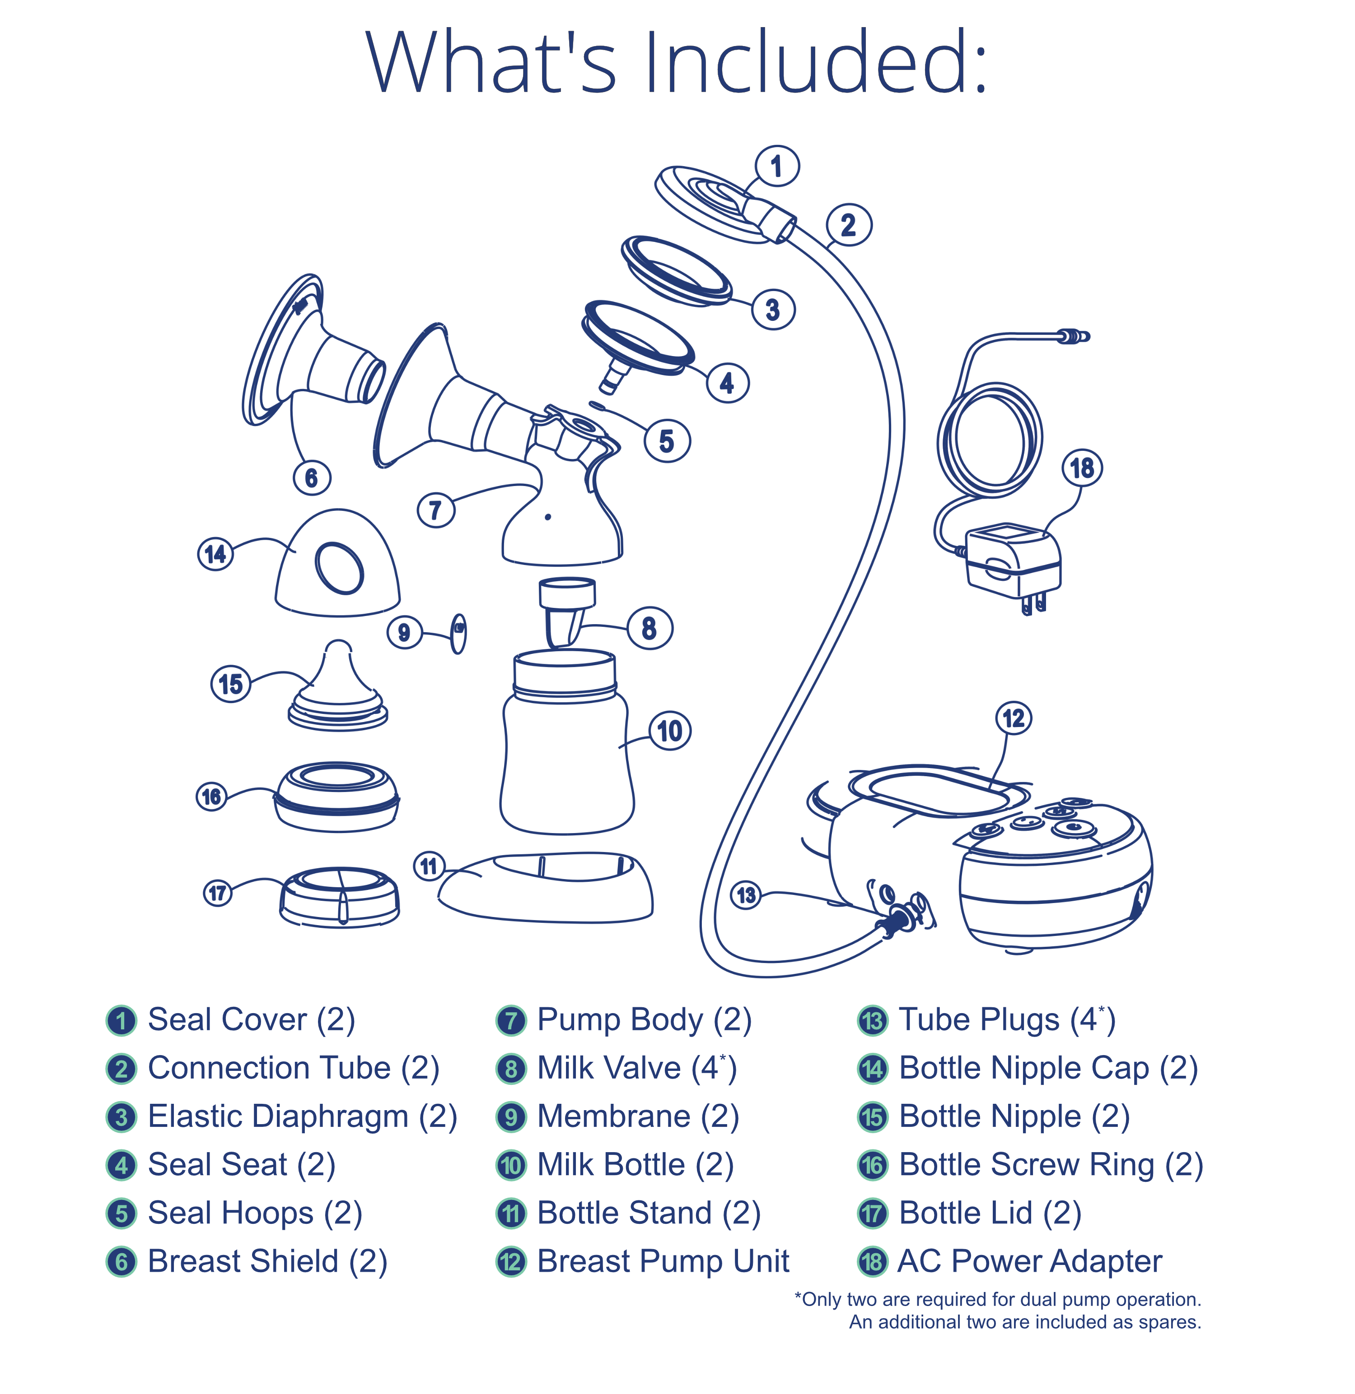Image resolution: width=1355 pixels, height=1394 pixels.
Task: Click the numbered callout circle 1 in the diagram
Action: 776,167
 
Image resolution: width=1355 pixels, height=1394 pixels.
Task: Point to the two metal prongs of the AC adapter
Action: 1033,605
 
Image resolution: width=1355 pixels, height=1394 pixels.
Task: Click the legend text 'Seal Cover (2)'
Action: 251,1019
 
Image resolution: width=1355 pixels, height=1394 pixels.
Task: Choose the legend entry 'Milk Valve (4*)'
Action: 636,1068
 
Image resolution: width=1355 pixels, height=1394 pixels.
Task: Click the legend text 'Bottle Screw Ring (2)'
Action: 1051,1164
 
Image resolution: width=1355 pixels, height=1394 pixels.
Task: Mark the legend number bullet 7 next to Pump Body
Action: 511,1020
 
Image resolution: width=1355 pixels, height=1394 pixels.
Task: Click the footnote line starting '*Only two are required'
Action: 998,1299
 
